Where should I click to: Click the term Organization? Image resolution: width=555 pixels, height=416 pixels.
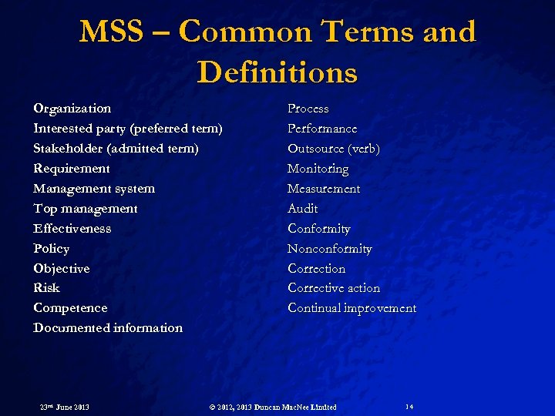[x=72, y=109]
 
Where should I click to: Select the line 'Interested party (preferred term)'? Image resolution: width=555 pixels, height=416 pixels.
[x=128, y=129]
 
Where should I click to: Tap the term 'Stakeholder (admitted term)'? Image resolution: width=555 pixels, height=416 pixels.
[x=116, y=149]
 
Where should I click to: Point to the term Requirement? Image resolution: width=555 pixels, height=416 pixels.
[x=72, y=169]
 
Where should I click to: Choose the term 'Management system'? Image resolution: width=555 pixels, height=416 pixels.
[x=94, y=189]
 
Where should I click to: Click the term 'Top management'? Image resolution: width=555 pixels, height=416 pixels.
[x=86, y=209]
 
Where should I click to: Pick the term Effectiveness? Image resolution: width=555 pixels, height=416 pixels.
[x=72, y=229]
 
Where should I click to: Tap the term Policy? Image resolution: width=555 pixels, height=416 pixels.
[x=52, y=249]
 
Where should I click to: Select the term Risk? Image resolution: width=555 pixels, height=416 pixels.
[x=46, y=288]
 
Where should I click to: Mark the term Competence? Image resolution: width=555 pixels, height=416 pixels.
[x=70, y=308]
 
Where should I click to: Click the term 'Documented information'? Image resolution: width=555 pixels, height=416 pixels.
[x=108, y=328]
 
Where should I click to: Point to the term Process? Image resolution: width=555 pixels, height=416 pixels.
[x=308, y=109]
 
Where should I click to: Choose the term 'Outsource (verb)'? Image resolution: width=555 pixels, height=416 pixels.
[x=334, y=149]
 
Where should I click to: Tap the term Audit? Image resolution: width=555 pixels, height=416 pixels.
[x=303, y=209]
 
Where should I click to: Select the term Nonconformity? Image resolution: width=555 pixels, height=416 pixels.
[x=330, y=249]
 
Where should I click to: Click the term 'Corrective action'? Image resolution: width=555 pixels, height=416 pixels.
[x=334, y=288]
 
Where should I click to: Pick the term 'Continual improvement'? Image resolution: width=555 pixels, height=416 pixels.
[x=352, y=308]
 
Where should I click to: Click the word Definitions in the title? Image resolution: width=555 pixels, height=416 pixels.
[x=277, y=72]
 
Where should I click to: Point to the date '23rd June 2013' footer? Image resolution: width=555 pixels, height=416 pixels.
[x=65, y=407]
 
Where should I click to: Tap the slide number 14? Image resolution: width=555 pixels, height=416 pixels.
[x=409, y=406]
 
